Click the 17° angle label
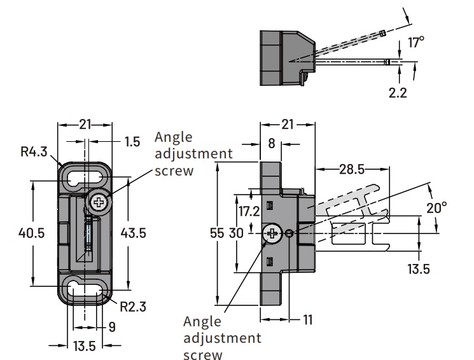(415, 43)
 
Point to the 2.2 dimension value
(399, 92)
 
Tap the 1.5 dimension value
(132, 142)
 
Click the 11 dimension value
(307, 321)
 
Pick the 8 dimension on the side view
(271, 144)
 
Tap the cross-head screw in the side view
(274, 234)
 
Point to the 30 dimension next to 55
(236, 233)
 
